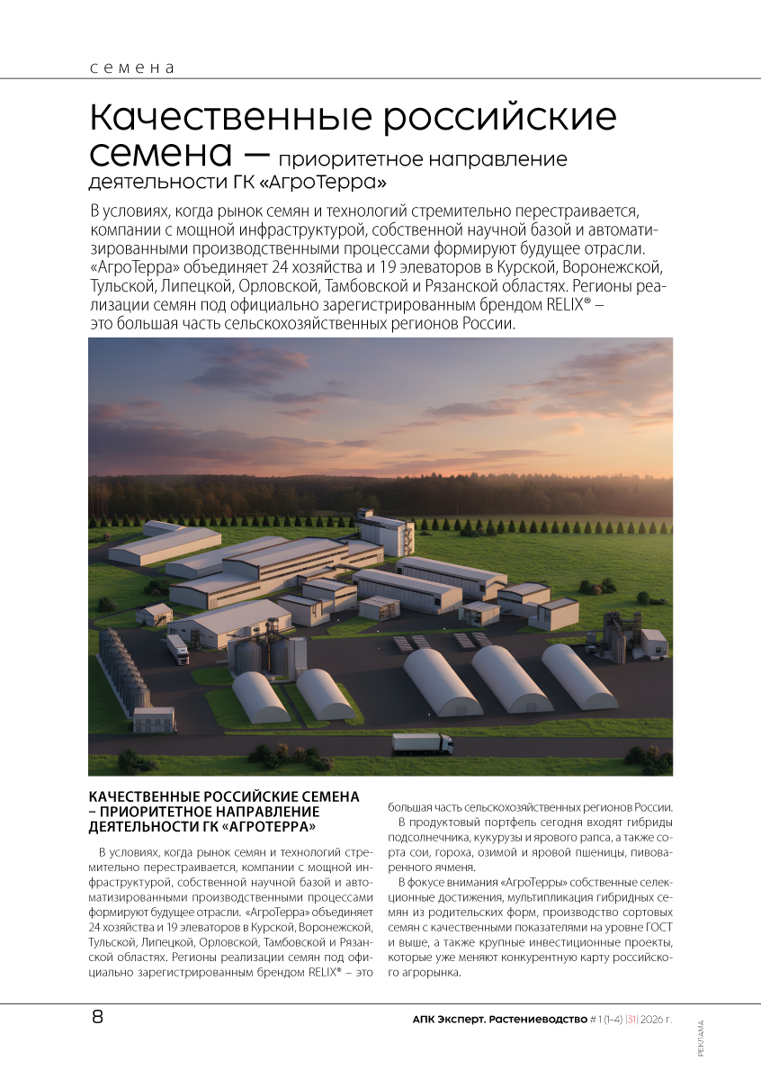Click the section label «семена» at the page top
[x=131, y=67]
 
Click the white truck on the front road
[x=422, y=743]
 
